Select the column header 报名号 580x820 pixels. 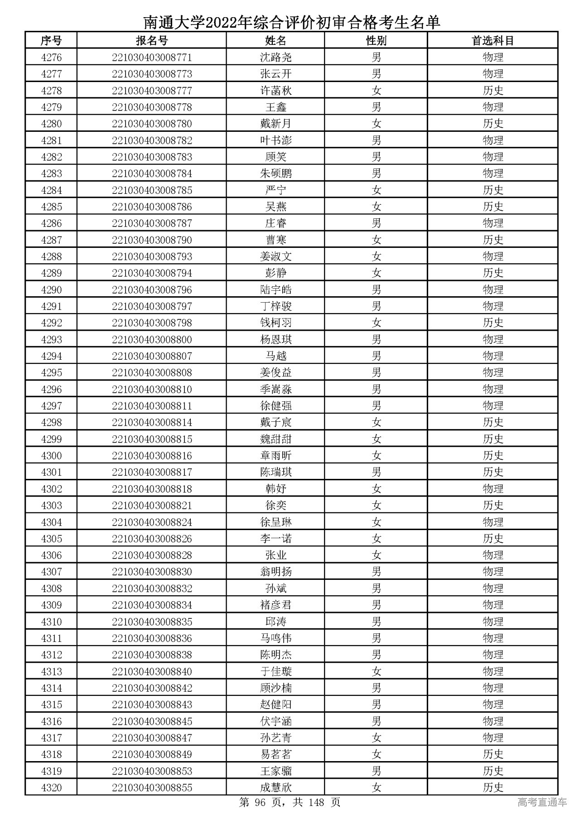point(152,41)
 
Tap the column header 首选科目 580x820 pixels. point(493,41)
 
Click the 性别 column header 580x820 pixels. point(376,41)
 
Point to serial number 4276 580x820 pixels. point(51,58)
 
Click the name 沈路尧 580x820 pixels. point(275,58)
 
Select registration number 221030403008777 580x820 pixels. point(152,91)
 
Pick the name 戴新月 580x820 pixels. point(275,124)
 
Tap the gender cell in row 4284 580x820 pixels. point(376,190)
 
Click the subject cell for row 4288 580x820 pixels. point(493,256)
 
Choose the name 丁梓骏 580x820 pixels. point(275,306)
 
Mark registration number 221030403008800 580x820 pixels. point(152,339)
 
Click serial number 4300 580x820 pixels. point(51,456)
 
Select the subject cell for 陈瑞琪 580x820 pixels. point(493,472)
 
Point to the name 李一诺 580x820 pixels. point(275,539)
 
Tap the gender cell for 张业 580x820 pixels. point(376,555)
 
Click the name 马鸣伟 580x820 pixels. point(275,638)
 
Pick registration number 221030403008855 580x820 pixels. point(152,787)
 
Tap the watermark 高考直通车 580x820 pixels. point(542,803)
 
